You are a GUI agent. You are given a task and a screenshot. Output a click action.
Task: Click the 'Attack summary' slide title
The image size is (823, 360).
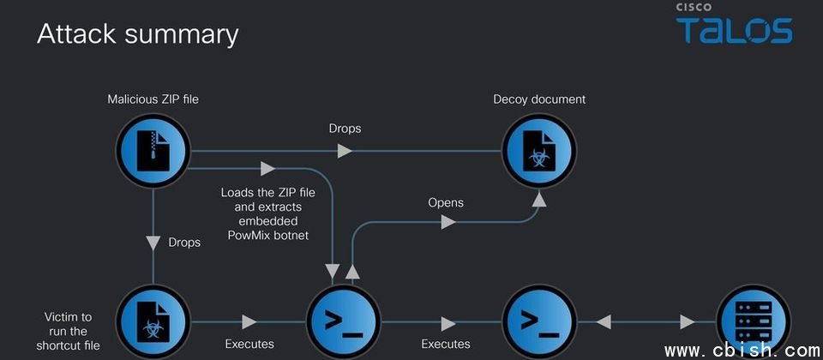[x=137, y=34]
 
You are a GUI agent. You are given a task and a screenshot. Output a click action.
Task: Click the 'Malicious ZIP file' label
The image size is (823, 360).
[x=153, y=99]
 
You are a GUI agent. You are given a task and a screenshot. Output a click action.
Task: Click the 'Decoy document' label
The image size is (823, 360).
[x=539, y=99]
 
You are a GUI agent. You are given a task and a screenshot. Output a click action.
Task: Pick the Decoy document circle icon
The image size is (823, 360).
[x=539, y=152]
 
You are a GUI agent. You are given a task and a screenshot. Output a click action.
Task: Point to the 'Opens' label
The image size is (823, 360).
[x=446, y=203]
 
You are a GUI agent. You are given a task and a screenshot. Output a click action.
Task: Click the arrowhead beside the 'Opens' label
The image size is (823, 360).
[x=447, y=222]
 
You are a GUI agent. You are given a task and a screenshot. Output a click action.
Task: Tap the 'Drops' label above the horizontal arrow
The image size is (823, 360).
[x=345, y=129]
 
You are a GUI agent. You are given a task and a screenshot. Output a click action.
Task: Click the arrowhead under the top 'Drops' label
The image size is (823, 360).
[x=344, y=151]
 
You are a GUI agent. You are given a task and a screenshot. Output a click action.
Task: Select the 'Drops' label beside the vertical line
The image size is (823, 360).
[x=184, y=243]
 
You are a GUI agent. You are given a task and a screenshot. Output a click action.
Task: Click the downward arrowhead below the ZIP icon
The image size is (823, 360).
[x=153, y=243]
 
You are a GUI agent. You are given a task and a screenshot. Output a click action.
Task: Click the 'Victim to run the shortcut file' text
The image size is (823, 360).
[x=69, y=331]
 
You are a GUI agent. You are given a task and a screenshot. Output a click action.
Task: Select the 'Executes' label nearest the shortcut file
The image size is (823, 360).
[x=249, y=344]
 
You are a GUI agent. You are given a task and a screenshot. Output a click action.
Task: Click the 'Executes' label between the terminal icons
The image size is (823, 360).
[x=446, y=344]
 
